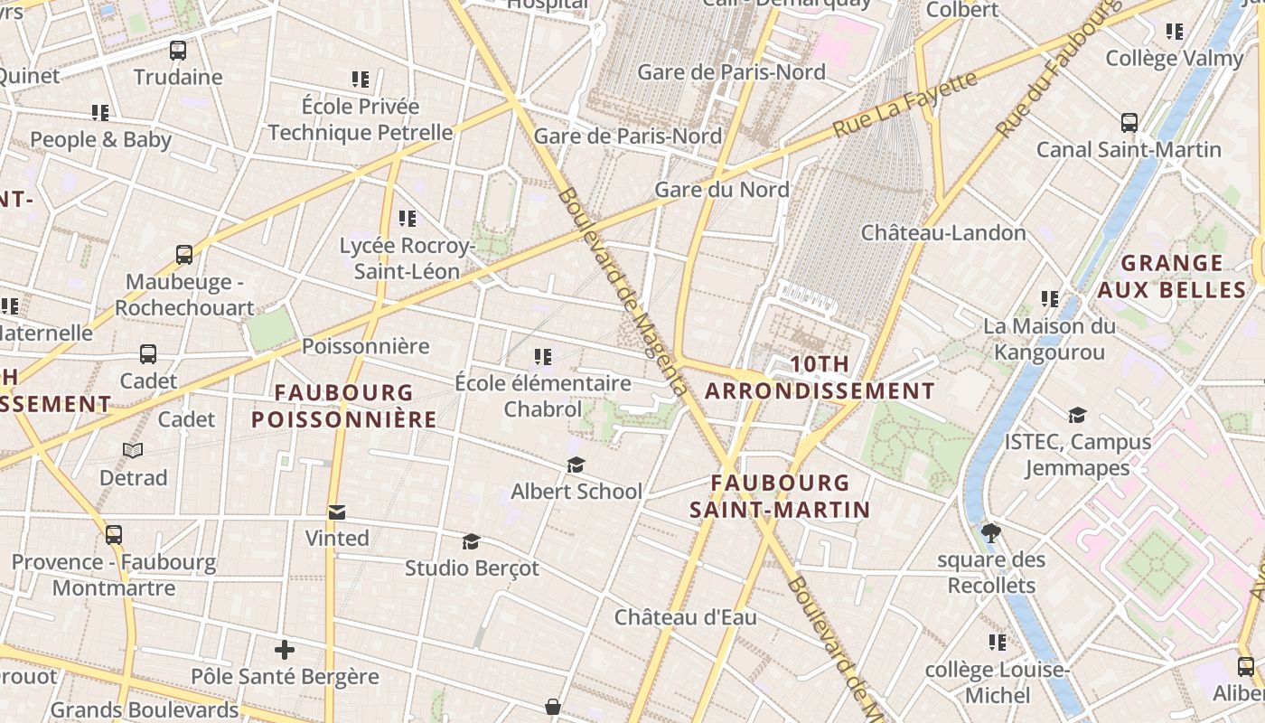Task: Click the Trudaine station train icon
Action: click(x=178, y=51)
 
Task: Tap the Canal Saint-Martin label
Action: click(x=1129, y=150)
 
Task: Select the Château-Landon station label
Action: click(x=943, y=233)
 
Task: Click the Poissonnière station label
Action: click(x=365, y=346)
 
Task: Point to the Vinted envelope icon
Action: click(x=337, y=512)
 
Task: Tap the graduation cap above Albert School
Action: click(x=576, y=465)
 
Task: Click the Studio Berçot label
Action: click(x=471, y=568)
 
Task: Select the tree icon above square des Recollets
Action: click(x=991, y=533)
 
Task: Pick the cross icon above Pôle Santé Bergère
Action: click(x=285, y=650)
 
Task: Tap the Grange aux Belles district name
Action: click(x=1172, y=277)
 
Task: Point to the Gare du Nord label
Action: click(x=721, y=190)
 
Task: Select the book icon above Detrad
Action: click(x=133, y=450)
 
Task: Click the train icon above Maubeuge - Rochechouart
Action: click(x=184, y=255)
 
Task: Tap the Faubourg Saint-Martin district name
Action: click(x=780, y=496)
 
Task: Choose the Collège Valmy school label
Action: click(x=1174, y=59)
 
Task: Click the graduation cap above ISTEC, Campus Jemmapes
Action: click(x=1077, y=416)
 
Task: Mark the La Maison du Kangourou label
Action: click(x=1049, y=338)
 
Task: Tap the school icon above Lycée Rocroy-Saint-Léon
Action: click(x=408, y=219)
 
